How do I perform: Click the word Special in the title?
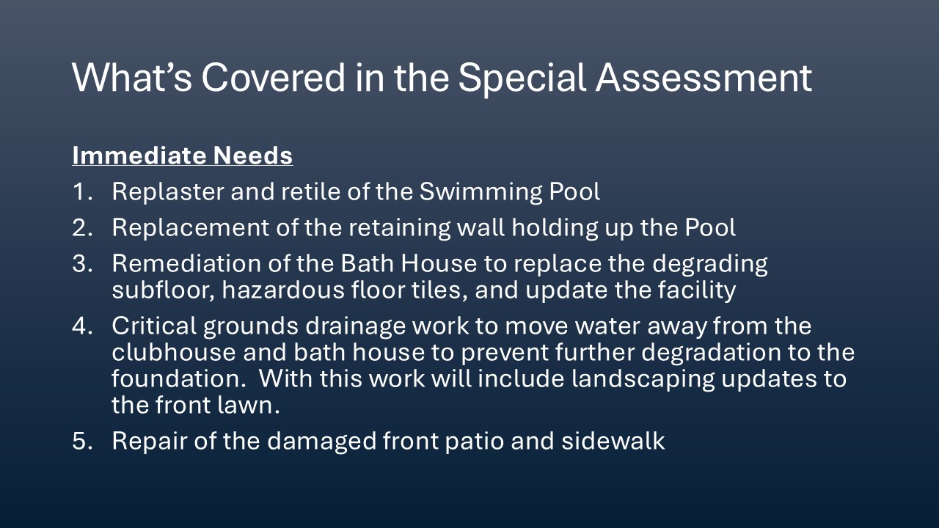tap(522, 78)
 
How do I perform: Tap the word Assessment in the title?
tap(704, 78)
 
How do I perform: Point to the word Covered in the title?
tap(273, 78)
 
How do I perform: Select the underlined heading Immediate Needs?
tap(183, 156)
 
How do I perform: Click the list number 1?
tap(81, 191)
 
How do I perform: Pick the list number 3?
tap(82, 263)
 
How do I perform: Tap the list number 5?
tap(82, 441)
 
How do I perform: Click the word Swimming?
tap(481, 193)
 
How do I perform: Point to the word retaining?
tap(400, 229)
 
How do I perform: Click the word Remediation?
tap(186, 263)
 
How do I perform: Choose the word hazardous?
tap(283, 290)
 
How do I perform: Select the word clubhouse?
tap(174, 352)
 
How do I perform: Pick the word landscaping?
tap(643, 380)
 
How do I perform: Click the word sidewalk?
tap(613, 441)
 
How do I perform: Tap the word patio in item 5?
tap(474, 442)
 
